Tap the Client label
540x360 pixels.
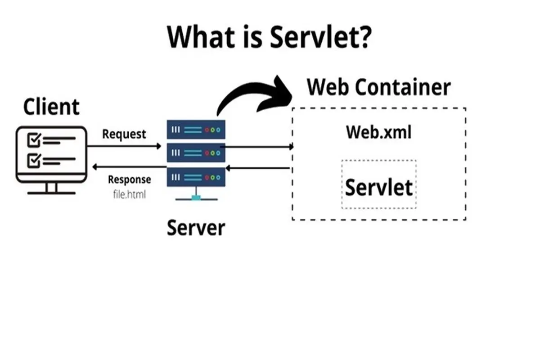(51, 107)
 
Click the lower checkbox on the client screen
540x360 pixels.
(34, 160)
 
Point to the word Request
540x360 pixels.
(124, 134)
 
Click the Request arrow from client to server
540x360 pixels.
(124, 146)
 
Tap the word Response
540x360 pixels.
(129, 180)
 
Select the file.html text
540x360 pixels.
(129, 195)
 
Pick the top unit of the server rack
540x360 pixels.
(196, 130)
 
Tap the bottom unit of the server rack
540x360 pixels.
(196, 177)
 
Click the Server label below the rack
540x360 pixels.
(196, 228)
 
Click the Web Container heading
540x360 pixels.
(378, 87)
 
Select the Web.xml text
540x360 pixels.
(378, 132)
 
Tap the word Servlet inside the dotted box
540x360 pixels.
(378, 187)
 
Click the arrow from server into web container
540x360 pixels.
(256, 146)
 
